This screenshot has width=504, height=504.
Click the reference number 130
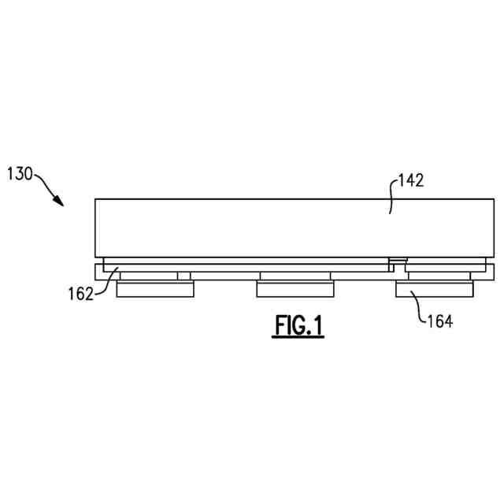(x=20, y=173)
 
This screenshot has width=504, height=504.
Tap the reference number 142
(x=411, y=180)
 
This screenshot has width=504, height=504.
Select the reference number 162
(x=80, y=295)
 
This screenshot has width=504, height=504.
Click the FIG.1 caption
(x=298, y=325)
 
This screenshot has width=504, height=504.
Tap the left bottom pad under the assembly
(x=155, y=290)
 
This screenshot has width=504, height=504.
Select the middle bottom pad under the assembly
(x=295, y=290)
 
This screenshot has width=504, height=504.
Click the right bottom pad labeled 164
(x=434, y=290)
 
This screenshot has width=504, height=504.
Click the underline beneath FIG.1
(x=298, y=337)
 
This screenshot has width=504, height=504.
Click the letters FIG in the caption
(x=288, y=325)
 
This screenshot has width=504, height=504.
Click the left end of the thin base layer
(x=98, y=272)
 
